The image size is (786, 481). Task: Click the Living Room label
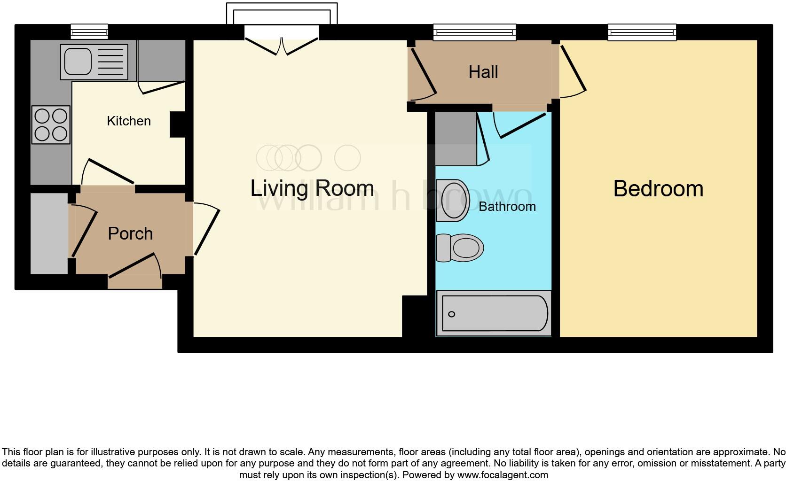tap(312, 188)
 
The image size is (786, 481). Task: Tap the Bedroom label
tap(658, 189)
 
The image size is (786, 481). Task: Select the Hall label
tap(483, 72)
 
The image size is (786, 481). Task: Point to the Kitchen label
tap(129, 121)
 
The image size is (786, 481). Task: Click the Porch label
tap(130, 234)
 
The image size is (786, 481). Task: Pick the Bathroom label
tap(507, 207)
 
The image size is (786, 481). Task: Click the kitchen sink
tap(94, 62)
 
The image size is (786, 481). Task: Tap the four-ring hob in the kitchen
tap(51, 124)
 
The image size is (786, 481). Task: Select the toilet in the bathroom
tap(460, 248)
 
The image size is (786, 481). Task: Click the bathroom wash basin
tap(453, 200)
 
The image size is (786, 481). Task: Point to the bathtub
tap(494, 313)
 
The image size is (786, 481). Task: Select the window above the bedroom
tap(642, 32)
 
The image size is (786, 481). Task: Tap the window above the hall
tap(474, 32)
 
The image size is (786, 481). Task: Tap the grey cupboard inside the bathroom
tap(456, 139)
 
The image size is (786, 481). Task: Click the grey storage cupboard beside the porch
tap(49, 233)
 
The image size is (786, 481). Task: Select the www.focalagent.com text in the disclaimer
tap(503, 475)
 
